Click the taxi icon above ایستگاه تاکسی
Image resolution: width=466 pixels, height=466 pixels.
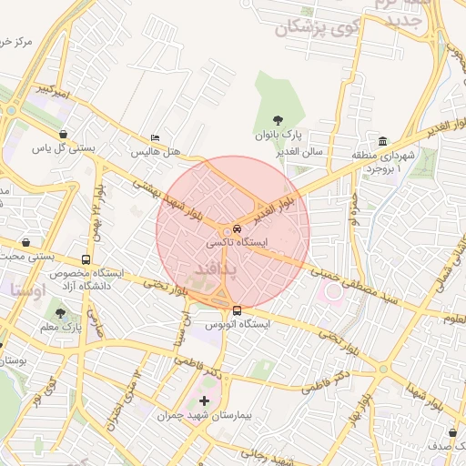click(x=238, y=228)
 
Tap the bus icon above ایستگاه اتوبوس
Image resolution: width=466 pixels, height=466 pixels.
click(x=237, y=310)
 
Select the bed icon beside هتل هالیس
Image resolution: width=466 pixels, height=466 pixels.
click(x=155, y=138)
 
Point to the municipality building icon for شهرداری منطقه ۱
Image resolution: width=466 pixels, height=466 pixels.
click(x=382, y=142)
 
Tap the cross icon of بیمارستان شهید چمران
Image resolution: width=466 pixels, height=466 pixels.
click(x=204, y=400)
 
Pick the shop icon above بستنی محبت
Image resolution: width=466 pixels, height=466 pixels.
click(x=25, y=244)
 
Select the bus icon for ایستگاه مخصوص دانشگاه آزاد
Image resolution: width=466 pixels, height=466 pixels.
click(x=86, y=258)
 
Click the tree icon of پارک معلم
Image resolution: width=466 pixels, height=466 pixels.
click(x=60, y=314)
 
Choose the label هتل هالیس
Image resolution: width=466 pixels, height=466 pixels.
click(x=154, y=152)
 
